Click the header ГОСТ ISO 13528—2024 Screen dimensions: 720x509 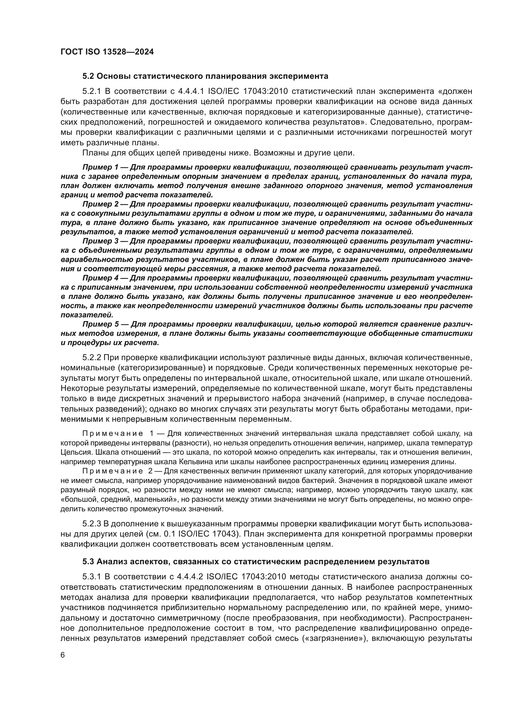click(x=107, y=52)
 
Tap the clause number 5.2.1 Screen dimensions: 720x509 click(x=92, y=91)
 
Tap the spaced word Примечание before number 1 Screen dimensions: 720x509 click(x=112, y=434)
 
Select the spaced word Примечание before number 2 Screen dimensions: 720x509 click(x=112, y=471)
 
